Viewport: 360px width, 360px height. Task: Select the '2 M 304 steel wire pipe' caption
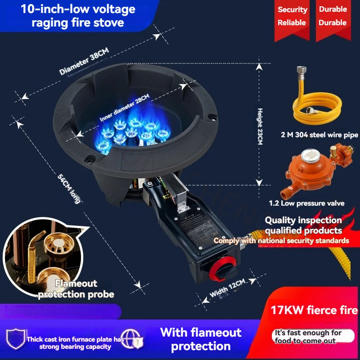pos(319,135)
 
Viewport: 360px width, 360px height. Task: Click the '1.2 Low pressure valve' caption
pos(313,203)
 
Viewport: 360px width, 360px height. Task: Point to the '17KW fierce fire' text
pos(314,310)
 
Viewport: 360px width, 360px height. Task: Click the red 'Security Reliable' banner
pos(292,16)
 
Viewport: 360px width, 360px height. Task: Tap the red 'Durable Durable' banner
pos(333,16)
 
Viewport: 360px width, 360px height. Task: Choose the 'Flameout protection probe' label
pos(76,289)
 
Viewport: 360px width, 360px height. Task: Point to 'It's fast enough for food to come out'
pos(309,337)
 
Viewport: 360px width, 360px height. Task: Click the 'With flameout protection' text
pos(201,339)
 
